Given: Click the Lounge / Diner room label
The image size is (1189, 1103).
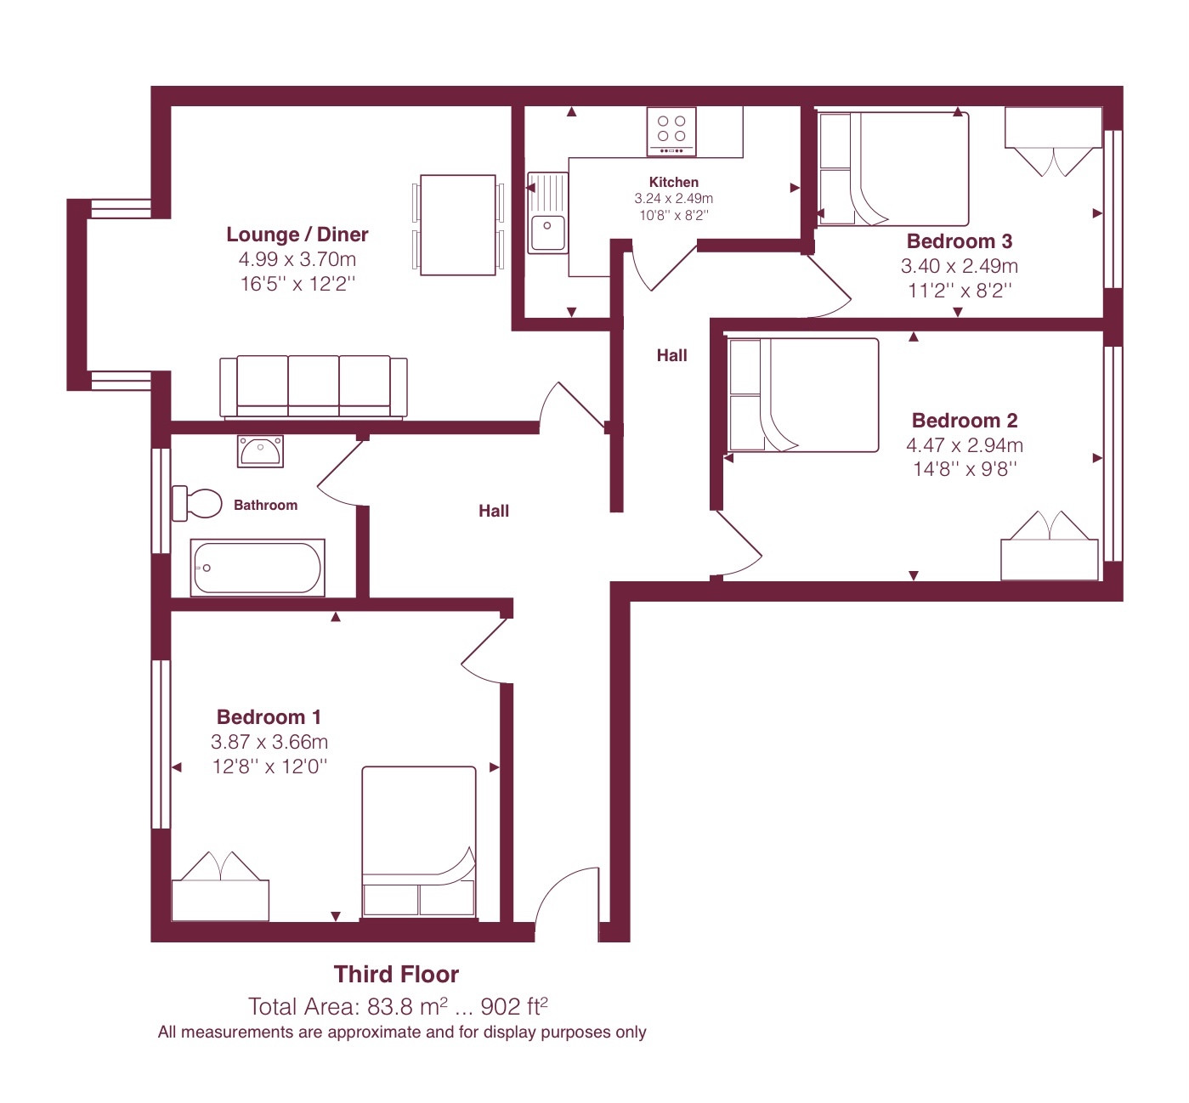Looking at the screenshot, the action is point(297,235).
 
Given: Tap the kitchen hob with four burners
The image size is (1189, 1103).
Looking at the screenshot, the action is point(671,131).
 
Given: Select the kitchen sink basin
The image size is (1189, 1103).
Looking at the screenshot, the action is point(547,233).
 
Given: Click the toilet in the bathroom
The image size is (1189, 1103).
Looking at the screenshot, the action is point(197,503).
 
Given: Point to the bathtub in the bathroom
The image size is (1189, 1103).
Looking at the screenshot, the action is point(258,568).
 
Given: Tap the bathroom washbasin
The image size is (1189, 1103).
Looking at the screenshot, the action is point(260,451).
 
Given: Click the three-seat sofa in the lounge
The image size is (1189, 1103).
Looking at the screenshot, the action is point(314,387).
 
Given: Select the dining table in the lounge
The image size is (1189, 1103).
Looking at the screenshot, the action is point(458,225).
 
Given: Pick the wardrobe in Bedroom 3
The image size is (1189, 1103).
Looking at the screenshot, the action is point(1053,141).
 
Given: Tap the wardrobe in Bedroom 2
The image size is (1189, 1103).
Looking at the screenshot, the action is point(1050,546).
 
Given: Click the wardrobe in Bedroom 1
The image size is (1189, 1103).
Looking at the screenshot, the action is point(220,886).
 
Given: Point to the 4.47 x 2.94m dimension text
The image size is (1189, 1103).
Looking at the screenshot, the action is point(964,445).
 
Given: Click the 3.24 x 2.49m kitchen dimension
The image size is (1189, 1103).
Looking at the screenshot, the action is point(673,198).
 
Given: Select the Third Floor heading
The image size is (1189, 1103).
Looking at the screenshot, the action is point(396,974).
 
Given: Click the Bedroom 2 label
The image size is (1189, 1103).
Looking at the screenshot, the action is point(965,421).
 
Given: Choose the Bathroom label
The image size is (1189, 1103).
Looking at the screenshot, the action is point(265,505).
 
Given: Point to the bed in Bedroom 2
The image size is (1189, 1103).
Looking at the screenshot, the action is point(803,395).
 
